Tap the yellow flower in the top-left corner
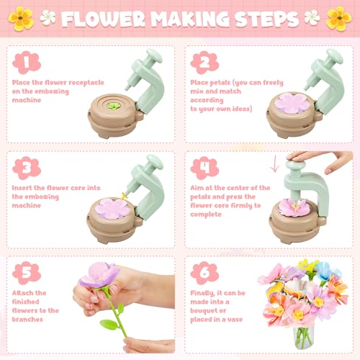[x=21, y=18]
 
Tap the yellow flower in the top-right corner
[x=338, y=18]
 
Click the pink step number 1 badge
[x=25, y=63]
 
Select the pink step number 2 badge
[x=204, y=63]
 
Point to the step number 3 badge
[x=25, y=167]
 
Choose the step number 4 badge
[x=204, y=167]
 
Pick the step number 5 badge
[x=25, y=272]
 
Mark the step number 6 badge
[x=204, y=272]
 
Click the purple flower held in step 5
[x=101, y=276]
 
